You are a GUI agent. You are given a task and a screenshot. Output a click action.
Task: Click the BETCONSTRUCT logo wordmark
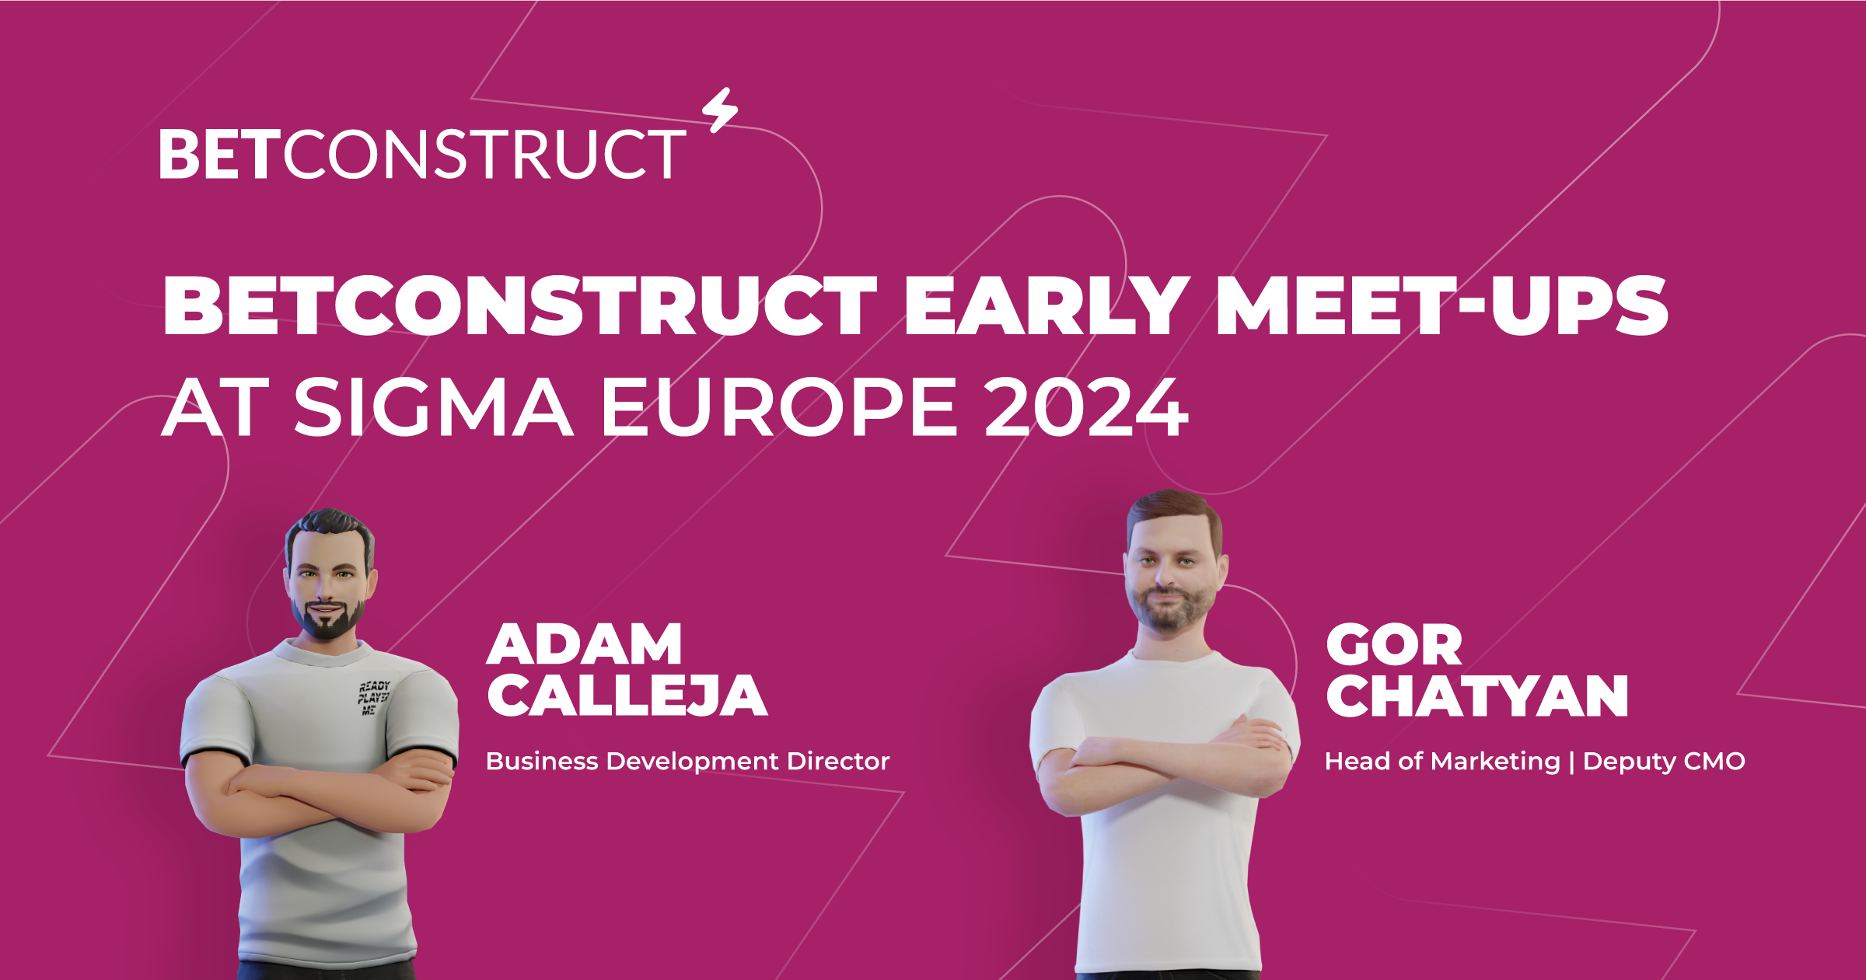[422, 154]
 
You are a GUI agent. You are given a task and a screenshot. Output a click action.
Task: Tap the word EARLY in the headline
[1046, 306]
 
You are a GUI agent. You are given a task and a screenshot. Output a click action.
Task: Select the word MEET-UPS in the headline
[1442, 306]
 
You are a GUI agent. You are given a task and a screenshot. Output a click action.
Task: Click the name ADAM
[585, 644]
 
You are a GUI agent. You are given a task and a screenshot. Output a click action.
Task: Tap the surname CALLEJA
[627, 696]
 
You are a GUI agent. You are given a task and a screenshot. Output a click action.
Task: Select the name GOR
[1394, 645]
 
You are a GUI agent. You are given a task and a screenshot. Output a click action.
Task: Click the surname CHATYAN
[1477, 696]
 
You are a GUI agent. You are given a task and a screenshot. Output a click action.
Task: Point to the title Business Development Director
[687, 761]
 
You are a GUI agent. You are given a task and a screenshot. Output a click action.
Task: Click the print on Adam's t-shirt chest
[373, 698]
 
